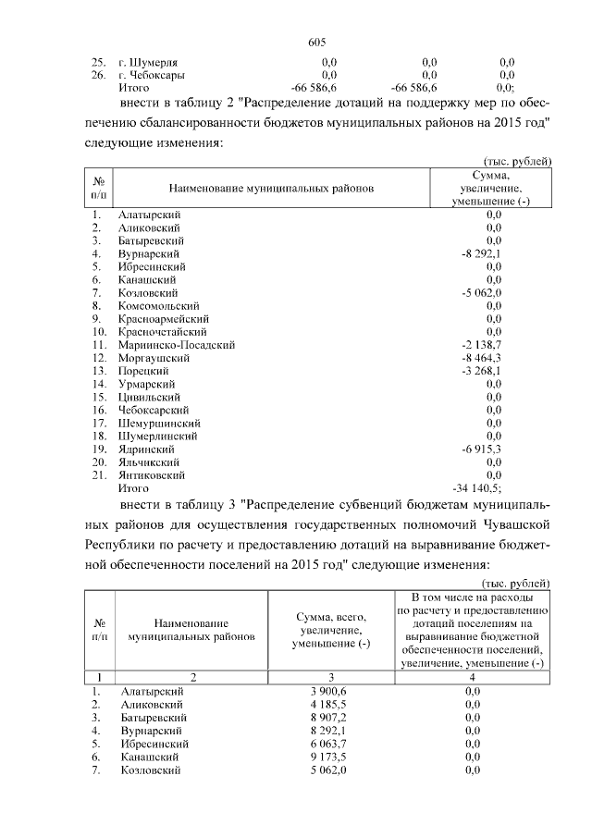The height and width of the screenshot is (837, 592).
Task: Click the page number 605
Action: click(316, 42)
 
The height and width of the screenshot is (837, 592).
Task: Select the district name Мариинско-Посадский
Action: click(176, 344)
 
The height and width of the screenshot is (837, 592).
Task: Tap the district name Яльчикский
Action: click(150, 461)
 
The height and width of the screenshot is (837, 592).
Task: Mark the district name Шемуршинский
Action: click(159, 422)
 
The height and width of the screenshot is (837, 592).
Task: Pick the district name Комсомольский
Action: click(158, 305)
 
